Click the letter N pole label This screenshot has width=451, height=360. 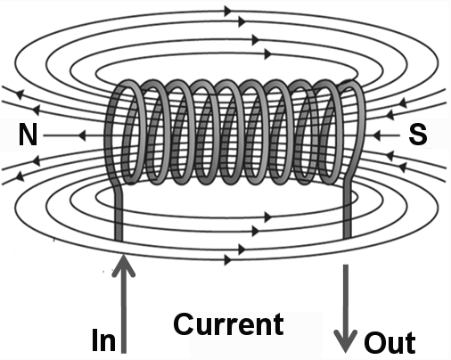28,135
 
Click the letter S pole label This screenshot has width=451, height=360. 418,135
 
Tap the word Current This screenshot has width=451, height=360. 228,324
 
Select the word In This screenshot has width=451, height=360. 103,340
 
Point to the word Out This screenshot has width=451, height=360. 389,342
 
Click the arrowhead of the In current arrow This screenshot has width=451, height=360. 123,266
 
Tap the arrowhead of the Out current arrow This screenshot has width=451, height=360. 345,340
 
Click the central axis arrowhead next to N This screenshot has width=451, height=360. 82,135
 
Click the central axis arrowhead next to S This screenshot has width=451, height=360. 377,135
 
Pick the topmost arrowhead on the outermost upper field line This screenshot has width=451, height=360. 228,12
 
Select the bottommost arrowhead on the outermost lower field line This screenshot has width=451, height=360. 228,260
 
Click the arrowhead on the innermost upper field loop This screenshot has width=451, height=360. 268,54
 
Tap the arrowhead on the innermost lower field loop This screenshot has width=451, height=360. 268,217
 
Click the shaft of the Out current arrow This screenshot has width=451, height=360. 346,303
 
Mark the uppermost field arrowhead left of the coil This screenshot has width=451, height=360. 20,94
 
